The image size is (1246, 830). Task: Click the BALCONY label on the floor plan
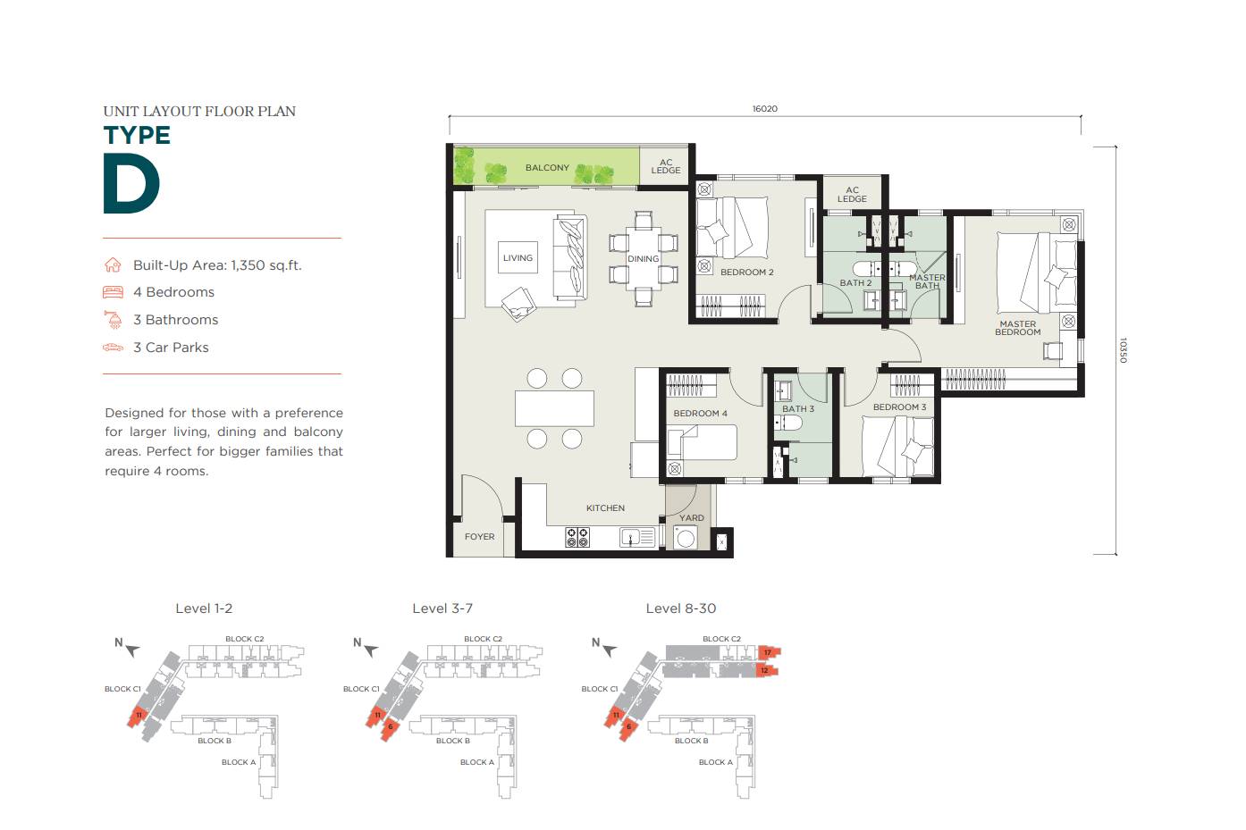coord(546,168)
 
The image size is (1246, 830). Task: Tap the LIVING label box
coord(518,258)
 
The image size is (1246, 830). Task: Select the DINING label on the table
coord(643,259)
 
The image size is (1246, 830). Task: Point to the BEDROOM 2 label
coord(746,272)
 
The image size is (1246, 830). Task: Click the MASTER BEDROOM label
coord(1017,328)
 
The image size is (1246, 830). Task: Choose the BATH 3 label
coord(797,409)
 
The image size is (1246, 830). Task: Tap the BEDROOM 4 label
coord(700,414)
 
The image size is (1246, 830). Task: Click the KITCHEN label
coord(605,508)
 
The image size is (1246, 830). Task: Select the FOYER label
coord(479,537)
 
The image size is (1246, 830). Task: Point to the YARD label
coord(691,518)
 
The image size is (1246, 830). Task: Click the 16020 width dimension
coord(764,109)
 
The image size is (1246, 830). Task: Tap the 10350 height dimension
coord(1124,350)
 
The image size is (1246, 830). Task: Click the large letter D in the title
coord(131,185)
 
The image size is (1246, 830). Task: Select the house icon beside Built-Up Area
coord(113,265)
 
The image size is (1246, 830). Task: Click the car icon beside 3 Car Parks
coord(113,348)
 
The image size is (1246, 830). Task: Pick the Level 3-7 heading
coord(442,608)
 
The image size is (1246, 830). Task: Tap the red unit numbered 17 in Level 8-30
coord(767,653)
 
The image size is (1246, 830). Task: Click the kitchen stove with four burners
coord(577,537)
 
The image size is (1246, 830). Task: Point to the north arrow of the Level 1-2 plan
coord(131,650)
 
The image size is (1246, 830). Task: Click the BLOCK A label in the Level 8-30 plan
coord(715,762)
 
